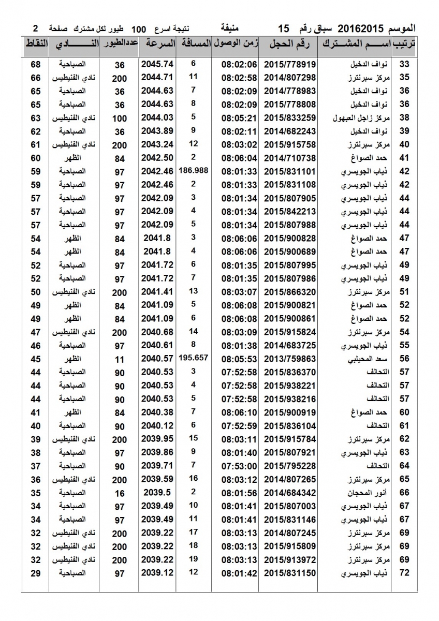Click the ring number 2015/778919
pos(290,64)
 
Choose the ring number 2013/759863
pos(290,359)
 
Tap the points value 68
pos(36,64)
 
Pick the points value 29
pos(36,573)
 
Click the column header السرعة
pos(157,45)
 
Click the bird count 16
pos(120,493)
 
